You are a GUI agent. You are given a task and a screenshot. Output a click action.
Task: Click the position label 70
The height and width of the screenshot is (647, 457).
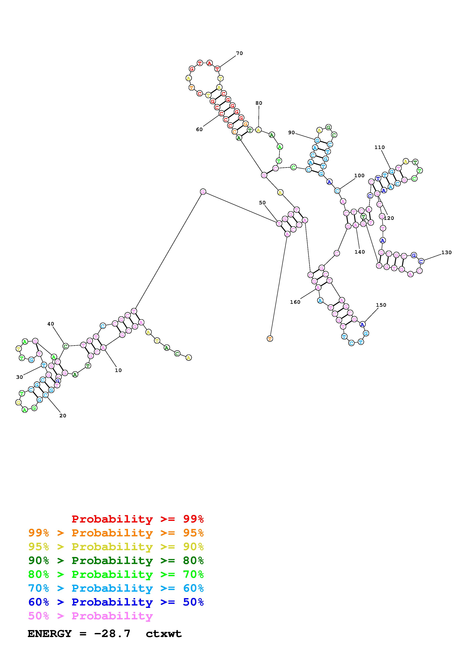(239, 53)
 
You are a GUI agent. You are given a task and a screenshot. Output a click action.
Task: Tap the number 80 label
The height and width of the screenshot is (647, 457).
(259, 103)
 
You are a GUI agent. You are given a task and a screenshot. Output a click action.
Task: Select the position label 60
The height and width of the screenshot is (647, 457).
(199, 130)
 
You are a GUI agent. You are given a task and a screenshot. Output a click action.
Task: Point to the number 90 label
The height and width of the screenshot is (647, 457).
(291, 133)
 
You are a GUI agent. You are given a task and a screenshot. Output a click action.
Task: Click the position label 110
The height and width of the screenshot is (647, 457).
(380, 147)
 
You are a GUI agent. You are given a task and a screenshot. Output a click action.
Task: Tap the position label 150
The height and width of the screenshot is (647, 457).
(381, 305)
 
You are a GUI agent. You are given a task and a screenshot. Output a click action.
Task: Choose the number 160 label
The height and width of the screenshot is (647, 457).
(295, 302)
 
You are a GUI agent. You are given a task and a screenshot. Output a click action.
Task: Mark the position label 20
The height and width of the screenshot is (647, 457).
(63, 416)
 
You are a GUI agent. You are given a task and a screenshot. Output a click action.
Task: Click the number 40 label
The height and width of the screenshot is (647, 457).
(51, 324)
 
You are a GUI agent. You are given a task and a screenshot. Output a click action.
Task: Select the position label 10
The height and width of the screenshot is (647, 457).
(118, 370)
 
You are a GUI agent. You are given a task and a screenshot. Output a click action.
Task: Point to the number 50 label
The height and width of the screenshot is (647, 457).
(262, 203)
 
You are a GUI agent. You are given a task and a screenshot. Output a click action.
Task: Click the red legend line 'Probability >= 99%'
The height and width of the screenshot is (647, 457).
(137, 519)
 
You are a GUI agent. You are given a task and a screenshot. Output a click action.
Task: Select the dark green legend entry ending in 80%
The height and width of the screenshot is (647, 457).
(116, 561)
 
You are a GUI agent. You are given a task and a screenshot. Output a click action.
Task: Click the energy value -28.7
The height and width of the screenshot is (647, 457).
(112, 634)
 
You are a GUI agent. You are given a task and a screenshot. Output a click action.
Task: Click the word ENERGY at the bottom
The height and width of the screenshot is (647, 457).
(50, 634)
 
